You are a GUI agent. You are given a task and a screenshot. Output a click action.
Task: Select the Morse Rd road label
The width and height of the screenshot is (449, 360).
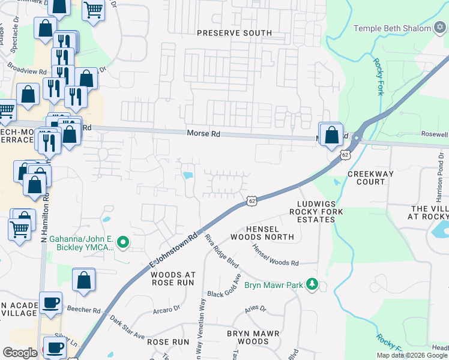tap(203, 134)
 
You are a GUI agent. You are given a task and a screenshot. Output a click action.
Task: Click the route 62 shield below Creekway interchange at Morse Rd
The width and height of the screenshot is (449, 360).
tap(345, 154)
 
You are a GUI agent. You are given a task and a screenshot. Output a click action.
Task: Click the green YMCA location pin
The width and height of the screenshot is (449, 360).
tap(124, 242)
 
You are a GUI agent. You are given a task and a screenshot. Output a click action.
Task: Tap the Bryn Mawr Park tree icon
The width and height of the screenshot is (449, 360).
tap(312, 283)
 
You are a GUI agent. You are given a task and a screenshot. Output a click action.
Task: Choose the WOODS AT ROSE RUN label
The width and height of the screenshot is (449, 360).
tap(172, 278)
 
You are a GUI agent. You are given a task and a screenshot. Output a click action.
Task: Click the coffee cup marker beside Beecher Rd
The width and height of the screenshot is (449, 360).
tap(51, 302)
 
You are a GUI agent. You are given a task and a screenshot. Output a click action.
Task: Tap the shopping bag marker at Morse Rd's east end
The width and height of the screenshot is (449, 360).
tap(331, 135)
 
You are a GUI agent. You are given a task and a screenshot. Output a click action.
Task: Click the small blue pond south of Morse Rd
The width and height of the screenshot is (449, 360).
tap(188, 176)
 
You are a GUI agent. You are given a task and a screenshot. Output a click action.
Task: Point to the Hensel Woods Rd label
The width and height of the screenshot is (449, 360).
tap(275, 255)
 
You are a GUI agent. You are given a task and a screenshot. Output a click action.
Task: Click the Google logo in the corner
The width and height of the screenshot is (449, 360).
tap(20, 353)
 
